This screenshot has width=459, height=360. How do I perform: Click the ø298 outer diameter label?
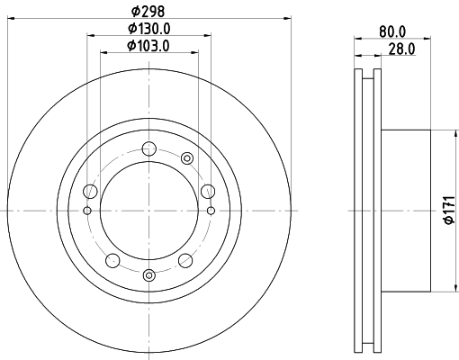(x=148, y=10)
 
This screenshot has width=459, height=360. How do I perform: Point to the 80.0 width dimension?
(x=393, y=30)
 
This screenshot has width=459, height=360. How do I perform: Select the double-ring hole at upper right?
(x=187, y=158)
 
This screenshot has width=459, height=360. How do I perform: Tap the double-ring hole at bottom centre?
(x=148, y=274)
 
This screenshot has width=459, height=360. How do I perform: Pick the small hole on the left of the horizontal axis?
(x=86, y=211)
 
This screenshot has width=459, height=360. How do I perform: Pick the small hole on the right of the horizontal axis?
(x=211, y=211)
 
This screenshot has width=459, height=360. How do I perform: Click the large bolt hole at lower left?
(x=112, y=260)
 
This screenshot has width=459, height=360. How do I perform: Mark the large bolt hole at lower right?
(x=184, y=260)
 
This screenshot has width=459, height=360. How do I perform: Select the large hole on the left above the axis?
(x=89, y=192)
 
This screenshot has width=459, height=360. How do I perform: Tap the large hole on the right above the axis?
(x=208, y=191)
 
